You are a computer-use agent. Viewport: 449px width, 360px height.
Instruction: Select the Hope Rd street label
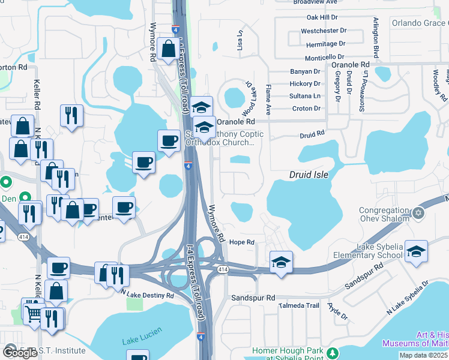click(243, 242)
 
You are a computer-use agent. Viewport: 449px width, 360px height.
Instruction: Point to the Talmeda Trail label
click(299, 305)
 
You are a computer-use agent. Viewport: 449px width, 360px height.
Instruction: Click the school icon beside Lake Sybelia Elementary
click(416, 252)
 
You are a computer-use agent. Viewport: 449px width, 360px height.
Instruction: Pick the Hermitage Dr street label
click(325, 44)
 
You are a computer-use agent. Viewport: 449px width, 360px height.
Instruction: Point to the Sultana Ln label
click(305, 96)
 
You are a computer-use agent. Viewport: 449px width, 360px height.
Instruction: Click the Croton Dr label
click(306, 109)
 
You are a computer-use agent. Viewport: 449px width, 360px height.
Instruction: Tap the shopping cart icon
click(34, 312)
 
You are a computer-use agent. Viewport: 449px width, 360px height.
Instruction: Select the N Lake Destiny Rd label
click(147, 295)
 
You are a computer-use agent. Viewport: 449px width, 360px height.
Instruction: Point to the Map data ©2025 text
click(423, 355)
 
